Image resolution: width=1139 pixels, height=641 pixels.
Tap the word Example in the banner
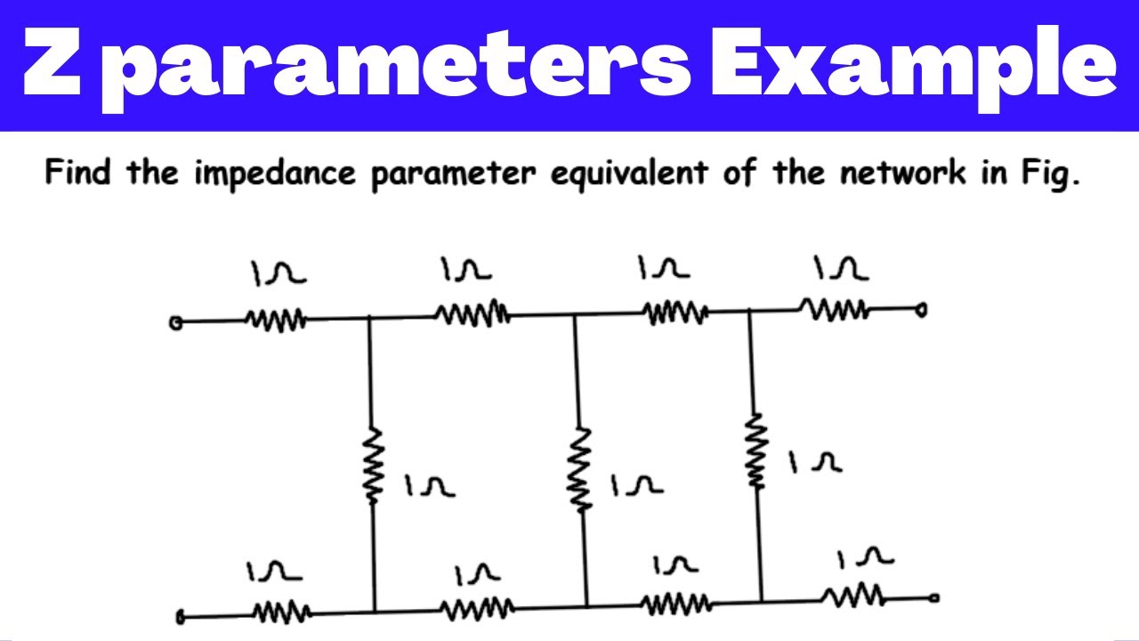point(914,66)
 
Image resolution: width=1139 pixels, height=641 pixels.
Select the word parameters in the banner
point(397,66)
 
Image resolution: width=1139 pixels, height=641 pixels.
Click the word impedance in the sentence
point(275,174)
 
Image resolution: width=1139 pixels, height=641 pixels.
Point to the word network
point(903,172)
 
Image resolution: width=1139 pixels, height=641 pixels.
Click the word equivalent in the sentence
point(629,174)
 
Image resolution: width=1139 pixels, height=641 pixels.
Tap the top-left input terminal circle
point(176,323)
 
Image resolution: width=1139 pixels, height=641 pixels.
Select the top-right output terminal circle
point(921,310)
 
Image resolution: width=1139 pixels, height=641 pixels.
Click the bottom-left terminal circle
point(181,617)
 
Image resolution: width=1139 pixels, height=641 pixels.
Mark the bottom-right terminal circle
point(934,598)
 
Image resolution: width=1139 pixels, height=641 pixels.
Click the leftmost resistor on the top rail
point(276,320)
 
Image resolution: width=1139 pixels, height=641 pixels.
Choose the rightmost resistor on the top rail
point(834,309)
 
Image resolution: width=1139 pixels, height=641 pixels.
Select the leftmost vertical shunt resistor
point(373,465)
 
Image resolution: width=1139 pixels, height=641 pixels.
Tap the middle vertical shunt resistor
point(579,468)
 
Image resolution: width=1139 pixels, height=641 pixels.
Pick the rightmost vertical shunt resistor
point(756,450)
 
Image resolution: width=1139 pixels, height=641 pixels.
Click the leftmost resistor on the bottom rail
point(282,612)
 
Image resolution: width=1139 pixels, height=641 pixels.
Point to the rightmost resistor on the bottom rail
point(853,596)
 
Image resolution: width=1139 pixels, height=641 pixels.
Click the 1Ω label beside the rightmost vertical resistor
point(815,462)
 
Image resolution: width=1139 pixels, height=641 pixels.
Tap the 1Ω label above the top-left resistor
point(279,273)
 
